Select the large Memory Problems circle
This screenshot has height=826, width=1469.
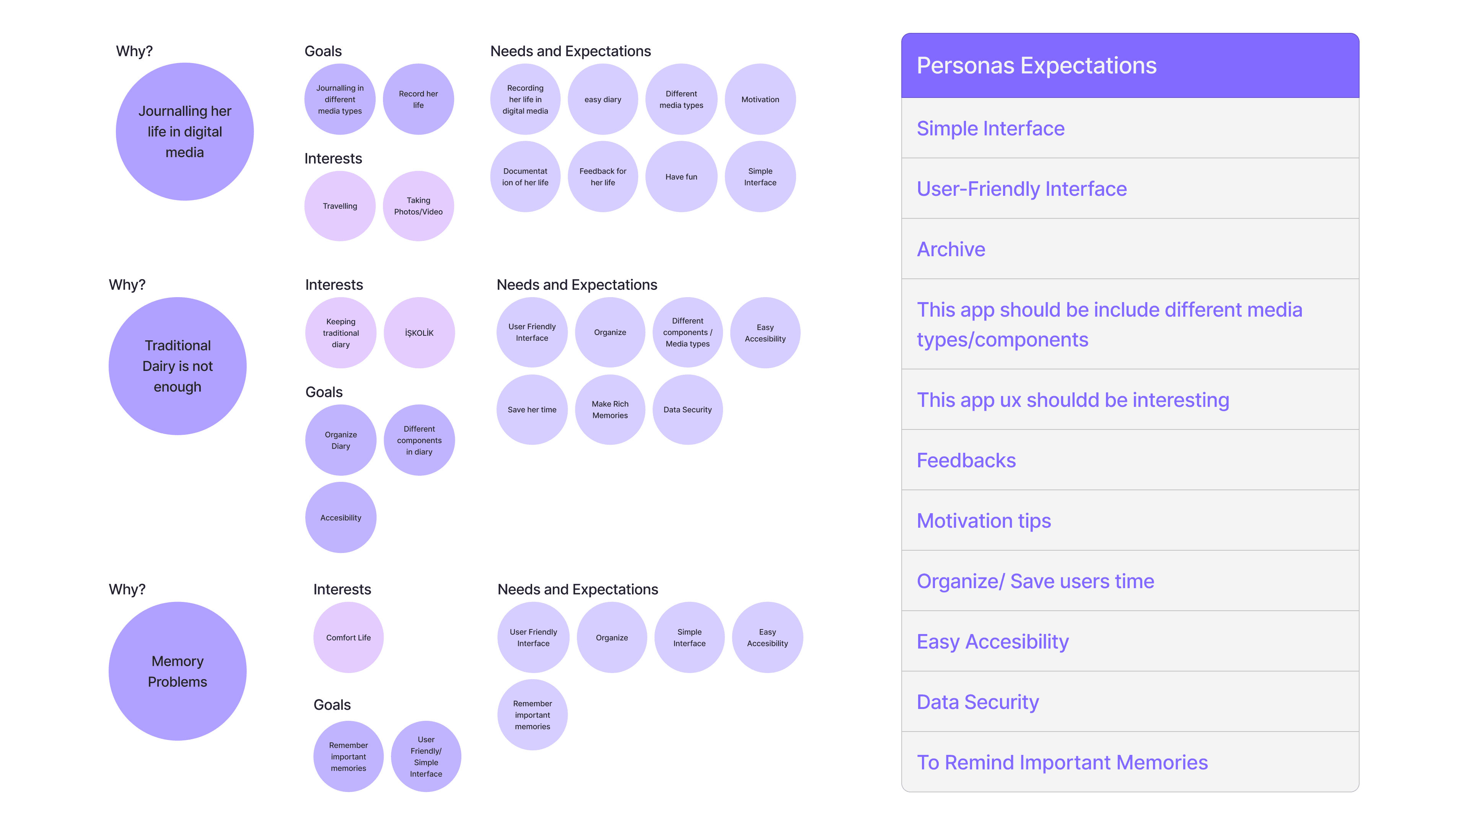coord(178,671)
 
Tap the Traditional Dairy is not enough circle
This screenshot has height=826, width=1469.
coord(178,366)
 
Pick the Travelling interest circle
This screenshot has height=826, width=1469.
coord(340,206)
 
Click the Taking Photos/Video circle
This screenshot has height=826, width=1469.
coord(418,206)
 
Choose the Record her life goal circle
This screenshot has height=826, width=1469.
coord(418,99)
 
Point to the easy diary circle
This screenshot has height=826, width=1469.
coord(603,99)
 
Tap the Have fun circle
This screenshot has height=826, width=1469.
coord(681,177)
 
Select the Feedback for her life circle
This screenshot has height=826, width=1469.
coord(603,177)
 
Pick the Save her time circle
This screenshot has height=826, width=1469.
coord(532,409)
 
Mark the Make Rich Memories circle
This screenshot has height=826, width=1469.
coord(610,409)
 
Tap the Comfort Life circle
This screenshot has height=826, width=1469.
coord(349,637)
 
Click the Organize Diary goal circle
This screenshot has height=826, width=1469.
coord(340,440)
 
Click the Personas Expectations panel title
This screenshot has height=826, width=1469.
coord(1036,65)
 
